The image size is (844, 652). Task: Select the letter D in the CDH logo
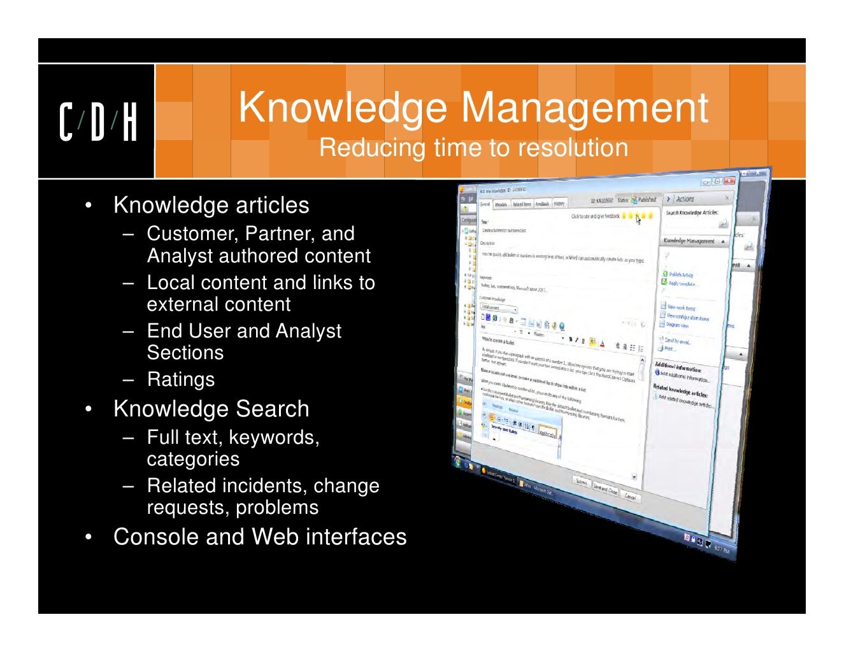[97, 122]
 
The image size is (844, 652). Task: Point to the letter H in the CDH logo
[129, 122]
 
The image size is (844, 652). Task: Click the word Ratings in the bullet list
[181, 379]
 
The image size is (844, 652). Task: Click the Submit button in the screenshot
[582, 481]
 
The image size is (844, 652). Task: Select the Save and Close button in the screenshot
[604, 488]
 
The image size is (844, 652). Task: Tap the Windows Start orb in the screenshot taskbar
[457, 460]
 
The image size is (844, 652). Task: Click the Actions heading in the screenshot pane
[685, 199]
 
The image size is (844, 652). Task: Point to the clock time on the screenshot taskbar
[722, 549]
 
